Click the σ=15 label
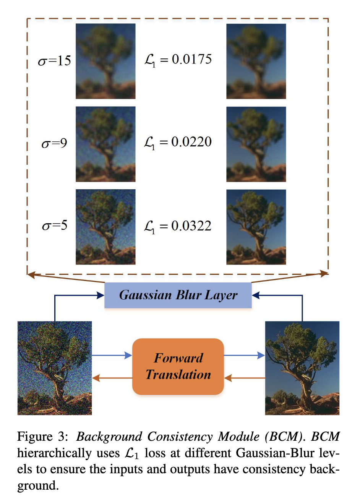(x=55, y=61)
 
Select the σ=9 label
(x=54, y=143)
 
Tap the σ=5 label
(x=55, y=226)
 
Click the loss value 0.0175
(x=191, y=59)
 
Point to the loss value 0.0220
(x=191, y=142)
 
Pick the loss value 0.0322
(x=191, y=226)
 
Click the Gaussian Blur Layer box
(x=178, y=295)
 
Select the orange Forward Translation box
(x=178, y=366)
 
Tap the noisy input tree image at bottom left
(x=55, y=368)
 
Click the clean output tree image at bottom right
(x=302, y=368)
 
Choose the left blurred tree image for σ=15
(x=105, y=61)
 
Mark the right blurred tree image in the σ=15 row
(x=256, y=61)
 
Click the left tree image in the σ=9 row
(x=105, y=144)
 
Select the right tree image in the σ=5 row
(x=256, y=227)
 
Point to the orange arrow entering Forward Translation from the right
(x=245, y=378)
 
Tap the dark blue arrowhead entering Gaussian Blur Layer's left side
(x=101, y=295)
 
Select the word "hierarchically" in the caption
(x=54, y=453)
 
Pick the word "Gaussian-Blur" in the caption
(x=275, y=453)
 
